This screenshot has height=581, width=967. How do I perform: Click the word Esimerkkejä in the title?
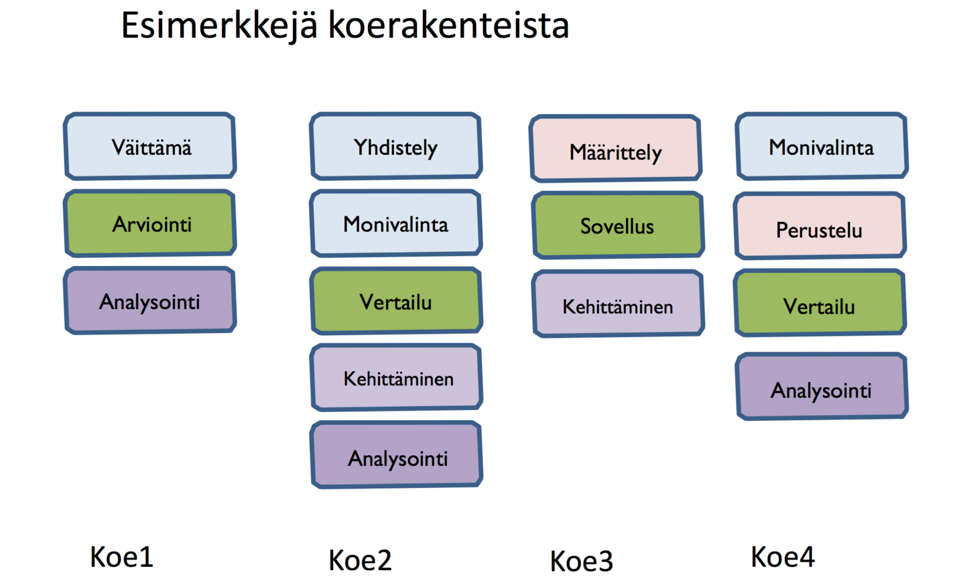pyautogui.click(x=219, y=26)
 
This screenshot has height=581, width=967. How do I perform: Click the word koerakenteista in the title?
pyautogui.click(x=449, y=26)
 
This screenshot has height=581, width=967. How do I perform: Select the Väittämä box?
pyautogui.click(x=150, y=147)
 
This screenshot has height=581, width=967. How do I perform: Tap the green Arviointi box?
pyautogui.click(x=150, y=223)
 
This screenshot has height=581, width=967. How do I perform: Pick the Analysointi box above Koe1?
pyautogui.click(x=150, y=301)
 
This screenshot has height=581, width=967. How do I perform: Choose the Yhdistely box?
pyautogui.click(x=396, y=147)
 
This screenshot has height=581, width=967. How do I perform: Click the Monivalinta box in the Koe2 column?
pyautogui.click(x=396, y=223)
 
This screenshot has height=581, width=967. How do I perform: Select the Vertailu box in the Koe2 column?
pyautogui.click(x=396, y=301)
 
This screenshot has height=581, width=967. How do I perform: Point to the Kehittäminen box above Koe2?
pyautogui.click(x=397, y=378)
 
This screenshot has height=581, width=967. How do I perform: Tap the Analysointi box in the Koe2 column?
pyautogui.click(x=397, y=455)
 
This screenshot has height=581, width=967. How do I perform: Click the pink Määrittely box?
pyautogui.click(x=616, y=150)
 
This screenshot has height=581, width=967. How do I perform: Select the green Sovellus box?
pyautogui.click(x=618, y=225)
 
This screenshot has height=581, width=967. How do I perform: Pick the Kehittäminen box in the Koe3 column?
pyautogui.click(x=618, y=305)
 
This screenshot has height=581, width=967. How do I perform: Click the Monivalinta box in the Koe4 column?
pyautogui.click(x=821, y=147)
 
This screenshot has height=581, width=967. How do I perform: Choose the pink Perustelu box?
pyautogui.click(x=819, y=227)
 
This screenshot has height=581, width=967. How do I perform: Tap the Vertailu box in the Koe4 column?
pyautogui.click(x=820, y=304)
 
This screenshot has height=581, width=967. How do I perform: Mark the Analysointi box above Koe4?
pyautogui.click(x=822, y=387)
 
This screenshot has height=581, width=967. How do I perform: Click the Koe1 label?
pyautogui.click(x=121, y=557)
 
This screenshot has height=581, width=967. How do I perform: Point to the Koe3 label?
pyautogui.click(x=581, y=561)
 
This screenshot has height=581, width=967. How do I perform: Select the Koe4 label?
pyautogui.click(x=782, y=557)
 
